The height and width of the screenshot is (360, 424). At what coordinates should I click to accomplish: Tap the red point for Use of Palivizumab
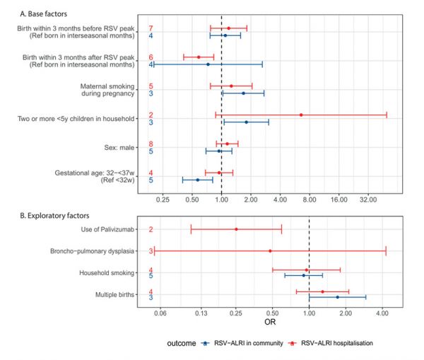click(x=236, y=229)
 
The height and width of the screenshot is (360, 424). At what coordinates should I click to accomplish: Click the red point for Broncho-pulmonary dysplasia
click(x=270, y=251)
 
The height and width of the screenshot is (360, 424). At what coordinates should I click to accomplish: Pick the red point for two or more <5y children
click(x=301, y=115)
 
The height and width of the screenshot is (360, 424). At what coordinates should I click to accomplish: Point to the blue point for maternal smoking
click(x=244, y=93)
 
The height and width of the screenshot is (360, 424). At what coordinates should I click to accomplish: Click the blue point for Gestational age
click(x=197, y=180)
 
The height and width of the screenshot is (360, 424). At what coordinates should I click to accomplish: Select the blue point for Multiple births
click(x=338, y=297)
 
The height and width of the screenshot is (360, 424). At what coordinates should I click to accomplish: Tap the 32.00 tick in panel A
click(x=367, y=200)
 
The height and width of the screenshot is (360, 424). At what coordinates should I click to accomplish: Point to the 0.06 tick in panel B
click(x=160, y=312)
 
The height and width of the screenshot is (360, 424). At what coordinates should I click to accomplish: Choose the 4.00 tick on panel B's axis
click(x=382, y=312)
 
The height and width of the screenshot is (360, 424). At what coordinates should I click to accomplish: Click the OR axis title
click(x=270, y=322)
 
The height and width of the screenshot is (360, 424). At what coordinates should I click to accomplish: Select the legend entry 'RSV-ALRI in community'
click(x=240, y=343)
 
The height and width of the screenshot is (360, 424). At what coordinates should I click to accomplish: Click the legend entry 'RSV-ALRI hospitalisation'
click(x=332, y=343)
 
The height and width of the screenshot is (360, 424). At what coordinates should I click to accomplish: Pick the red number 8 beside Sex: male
click(x=151, y=144)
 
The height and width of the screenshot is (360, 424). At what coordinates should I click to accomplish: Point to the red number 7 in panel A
click(x=151, y=28)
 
